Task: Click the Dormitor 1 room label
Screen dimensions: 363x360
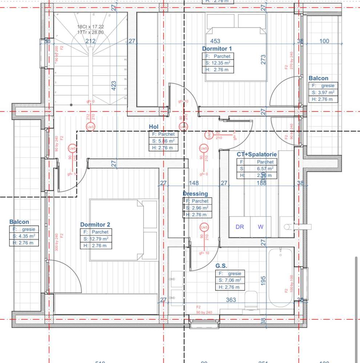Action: [217, 49]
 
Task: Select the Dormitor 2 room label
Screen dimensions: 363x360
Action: [95, 225]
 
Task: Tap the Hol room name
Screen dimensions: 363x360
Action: [154, 126]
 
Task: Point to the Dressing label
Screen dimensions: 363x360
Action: [195, 194]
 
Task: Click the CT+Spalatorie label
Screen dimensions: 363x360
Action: [256, 154]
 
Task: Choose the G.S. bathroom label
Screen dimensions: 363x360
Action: [221, 266]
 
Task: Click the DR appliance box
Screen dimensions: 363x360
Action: [240, 227]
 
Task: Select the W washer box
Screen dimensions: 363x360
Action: [261, 227]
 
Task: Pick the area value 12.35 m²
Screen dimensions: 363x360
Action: [220, 63]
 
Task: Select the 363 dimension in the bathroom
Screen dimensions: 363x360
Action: [231, 300]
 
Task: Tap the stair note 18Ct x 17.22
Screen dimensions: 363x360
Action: [91, 27]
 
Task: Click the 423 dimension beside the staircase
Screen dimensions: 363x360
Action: [113, 85]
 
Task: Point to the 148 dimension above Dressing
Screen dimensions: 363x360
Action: [194, 183]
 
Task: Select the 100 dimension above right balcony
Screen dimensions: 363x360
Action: [324, 41]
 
